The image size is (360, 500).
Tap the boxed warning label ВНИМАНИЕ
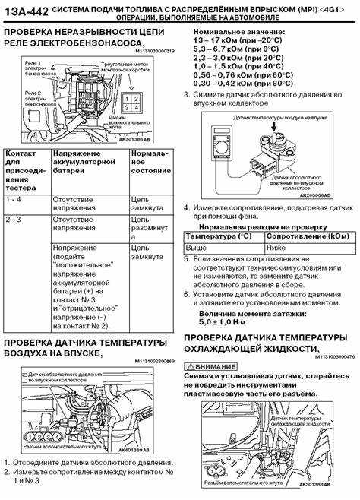coord(216,366)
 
